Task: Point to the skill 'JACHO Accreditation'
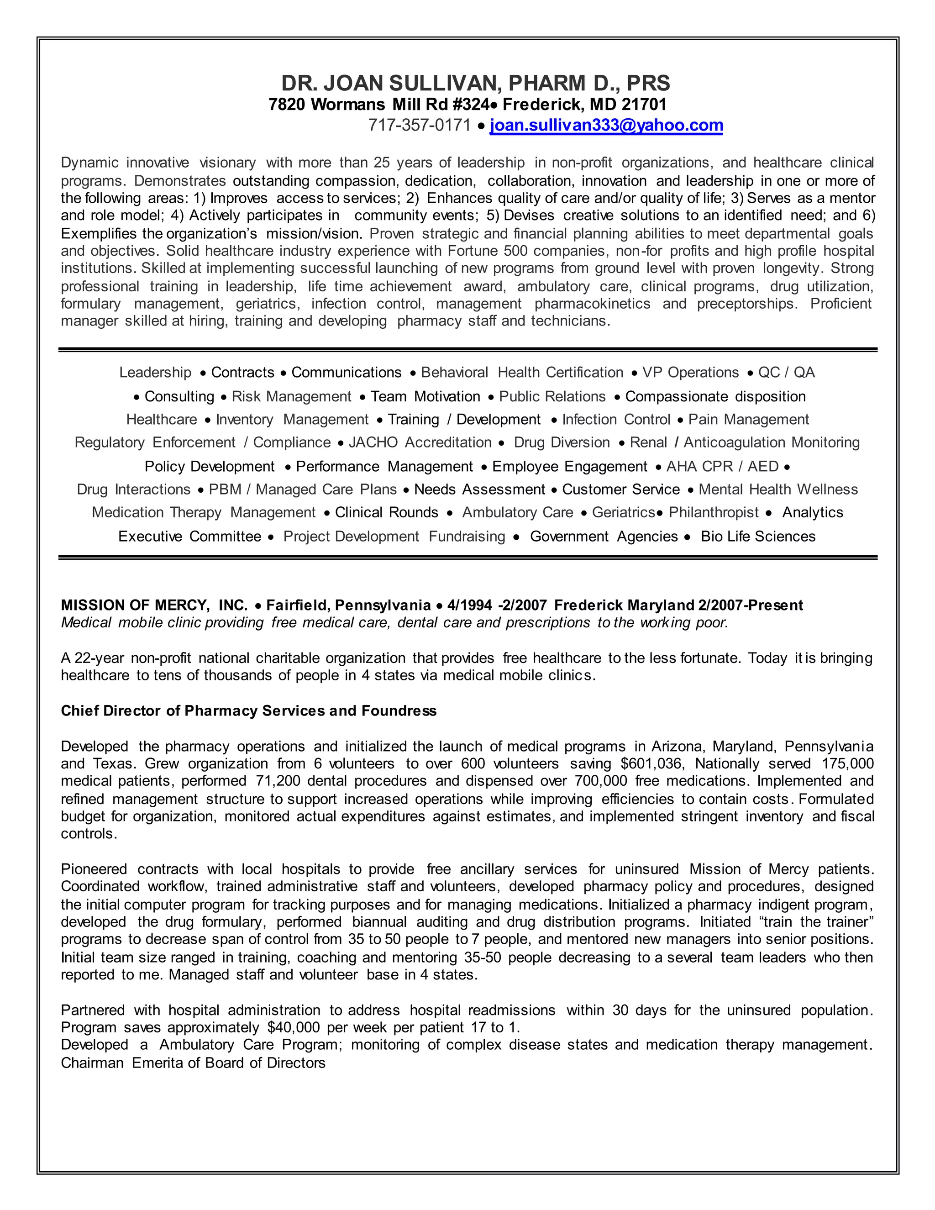point(420,442)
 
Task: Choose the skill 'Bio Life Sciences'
point(758,537)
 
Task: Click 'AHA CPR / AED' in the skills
point(722,467)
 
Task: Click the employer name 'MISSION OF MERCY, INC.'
point(154,605)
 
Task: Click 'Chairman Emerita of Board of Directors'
point(193,1063)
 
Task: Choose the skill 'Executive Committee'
point(189,537)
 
